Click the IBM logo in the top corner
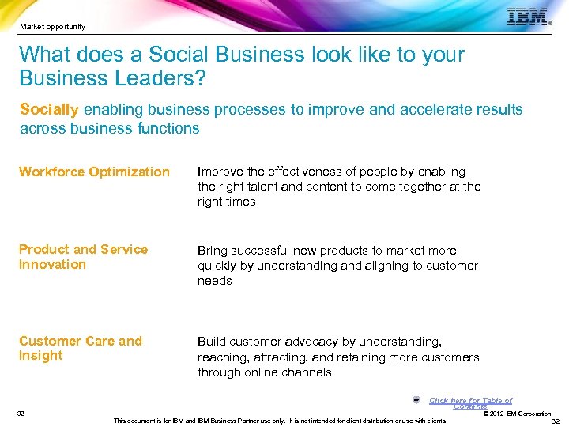point(528,17)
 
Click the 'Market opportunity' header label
point(53,27)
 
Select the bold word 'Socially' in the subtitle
point(49,109)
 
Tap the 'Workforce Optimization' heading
point(94,172)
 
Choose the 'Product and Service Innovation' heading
point(83,257)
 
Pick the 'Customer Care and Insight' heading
point(81,349)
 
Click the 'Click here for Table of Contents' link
point(470,402)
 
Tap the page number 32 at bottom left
point(21,414)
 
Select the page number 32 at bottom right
point(555,421)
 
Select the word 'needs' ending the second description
point(214,281)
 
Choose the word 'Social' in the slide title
point(176,55)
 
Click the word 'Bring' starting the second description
point(213,251)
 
